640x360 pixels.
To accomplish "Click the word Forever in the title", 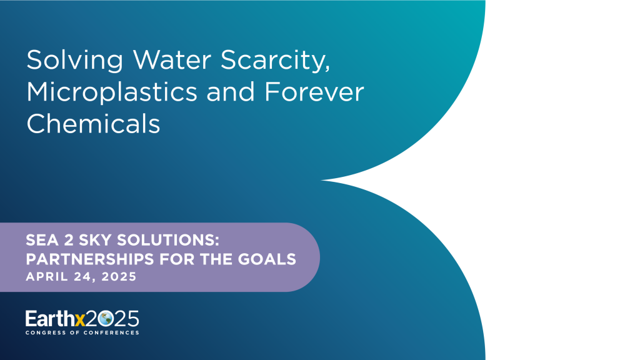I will (x=314, y=92).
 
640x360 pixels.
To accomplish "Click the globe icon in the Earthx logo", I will (x=104, y=319).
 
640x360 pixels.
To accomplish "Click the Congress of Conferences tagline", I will (x=82, y=332).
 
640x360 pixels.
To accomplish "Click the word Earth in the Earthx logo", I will (x=49, y=319).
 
